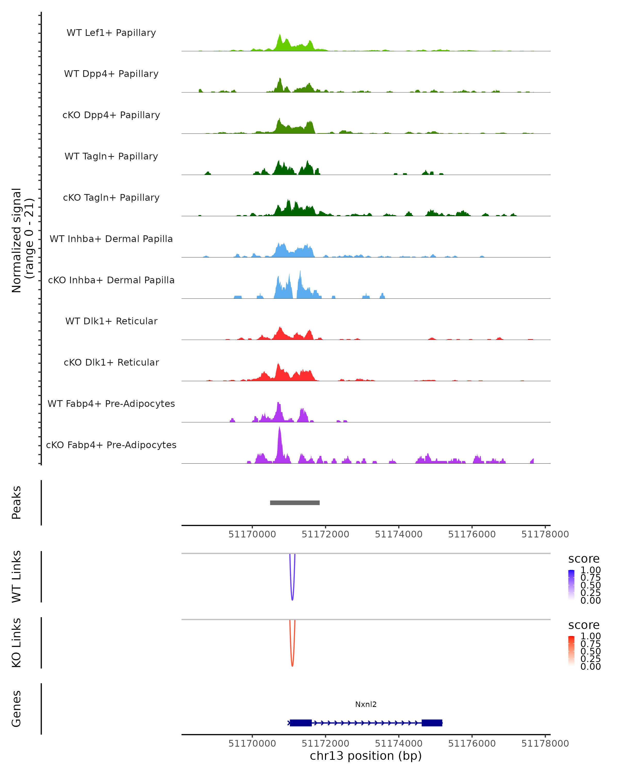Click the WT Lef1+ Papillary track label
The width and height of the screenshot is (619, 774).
(x=111, y=33)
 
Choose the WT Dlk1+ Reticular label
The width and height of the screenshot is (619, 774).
(x=111, y=321)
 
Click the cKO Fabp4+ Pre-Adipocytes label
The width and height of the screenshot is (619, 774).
(x=111, y=445)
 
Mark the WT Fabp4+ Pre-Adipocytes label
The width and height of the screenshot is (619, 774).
(x=111, y=404)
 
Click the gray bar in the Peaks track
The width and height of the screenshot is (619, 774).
(x=295, y=503)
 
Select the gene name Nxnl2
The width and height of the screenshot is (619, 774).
(x=366, y=704)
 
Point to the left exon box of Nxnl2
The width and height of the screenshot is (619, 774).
(x=301, y=723)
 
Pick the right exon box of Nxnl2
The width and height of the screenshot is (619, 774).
(x=432, y=723)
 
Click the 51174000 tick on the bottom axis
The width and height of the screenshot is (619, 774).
(x=399, y=744)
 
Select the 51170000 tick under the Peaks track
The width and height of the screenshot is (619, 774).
(x=252, y=534)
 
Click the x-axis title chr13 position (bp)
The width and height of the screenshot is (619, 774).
(x=366, y=756)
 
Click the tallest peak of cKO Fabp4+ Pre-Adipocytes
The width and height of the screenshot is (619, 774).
(x=280, y=429)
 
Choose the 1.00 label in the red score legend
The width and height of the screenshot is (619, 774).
(x=591, y=636)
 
